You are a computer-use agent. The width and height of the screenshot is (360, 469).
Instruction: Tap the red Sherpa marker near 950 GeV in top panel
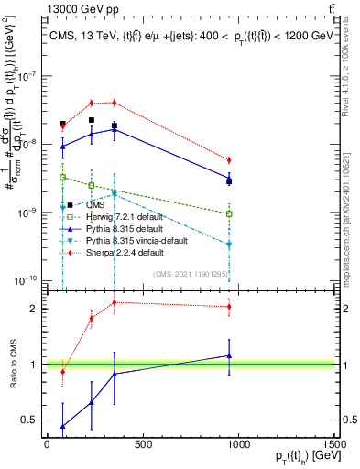[229, 160]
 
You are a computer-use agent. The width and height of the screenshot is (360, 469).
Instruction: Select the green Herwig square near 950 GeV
[229, 214]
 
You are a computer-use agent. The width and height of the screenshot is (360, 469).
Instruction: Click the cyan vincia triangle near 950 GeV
[229, 244]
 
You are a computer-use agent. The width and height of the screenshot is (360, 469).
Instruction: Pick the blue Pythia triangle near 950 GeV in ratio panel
[229, 355]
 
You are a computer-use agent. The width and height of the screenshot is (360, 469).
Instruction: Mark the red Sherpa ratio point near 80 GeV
[62, 371]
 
